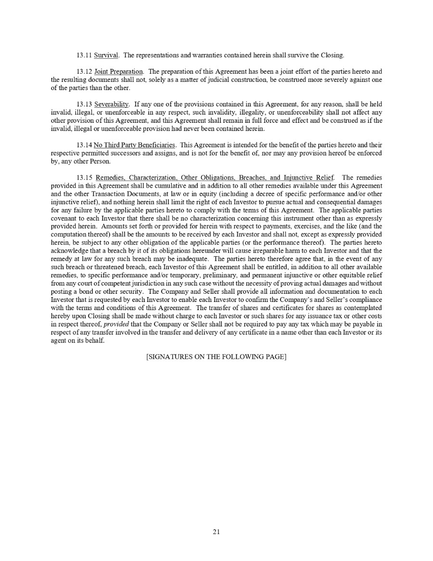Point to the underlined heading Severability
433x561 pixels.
111,104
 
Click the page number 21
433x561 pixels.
216,532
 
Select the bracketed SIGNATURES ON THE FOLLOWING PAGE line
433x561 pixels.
216,357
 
